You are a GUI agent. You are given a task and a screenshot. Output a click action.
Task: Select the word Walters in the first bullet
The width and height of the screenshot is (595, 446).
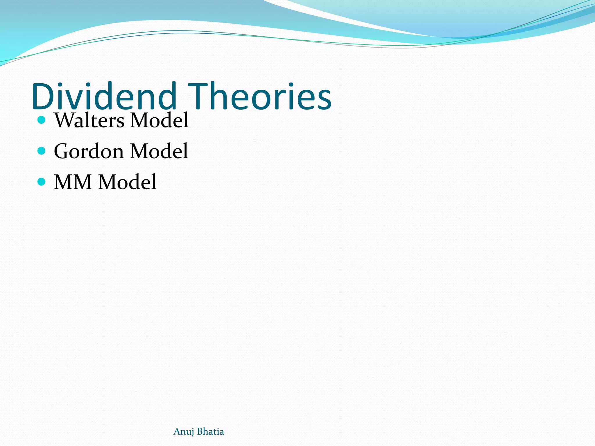89,120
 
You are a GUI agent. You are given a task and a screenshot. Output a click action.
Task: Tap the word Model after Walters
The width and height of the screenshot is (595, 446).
159,120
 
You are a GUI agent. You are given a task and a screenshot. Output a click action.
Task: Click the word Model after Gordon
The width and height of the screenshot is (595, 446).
159,151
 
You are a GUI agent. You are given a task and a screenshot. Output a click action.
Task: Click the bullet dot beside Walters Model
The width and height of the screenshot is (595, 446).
42,120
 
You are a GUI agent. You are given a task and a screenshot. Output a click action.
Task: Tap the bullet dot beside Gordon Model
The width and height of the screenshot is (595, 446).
42,151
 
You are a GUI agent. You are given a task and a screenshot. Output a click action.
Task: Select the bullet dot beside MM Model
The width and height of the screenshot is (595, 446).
42,182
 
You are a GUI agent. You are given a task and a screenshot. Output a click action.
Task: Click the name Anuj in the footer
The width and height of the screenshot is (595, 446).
183,432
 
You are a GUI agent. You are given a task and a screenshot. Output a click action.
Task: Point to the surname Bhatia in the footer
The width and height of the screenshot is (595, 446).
211,431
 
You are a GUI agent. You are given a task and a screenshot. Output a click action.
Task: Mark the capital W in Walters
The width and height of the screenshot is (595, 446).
64,120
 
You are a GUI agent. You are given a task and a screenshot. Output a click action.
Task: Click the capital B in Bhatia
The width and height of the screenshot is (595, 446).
200,431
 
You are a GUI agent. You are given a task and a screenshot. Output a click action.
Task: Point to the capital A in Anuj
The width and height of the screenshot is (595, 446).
177,431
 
